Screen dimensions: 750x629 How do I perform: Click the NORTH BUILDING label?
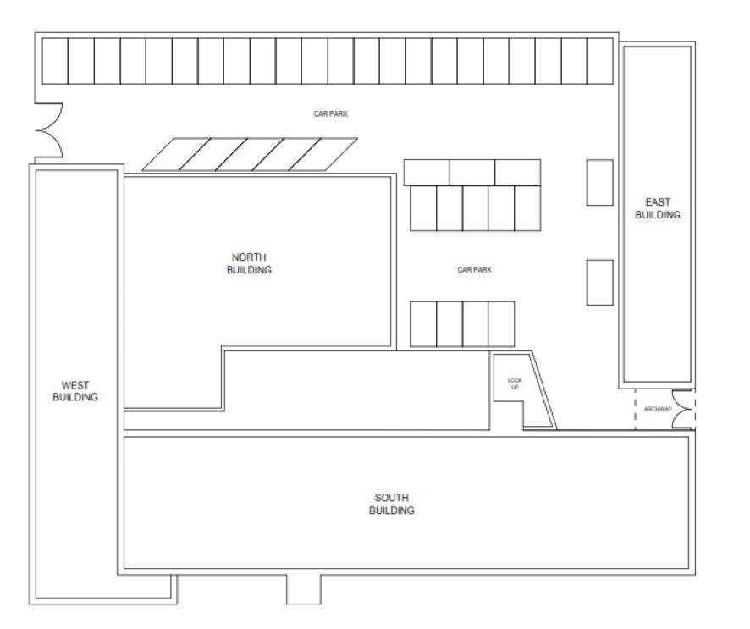coord(249,263)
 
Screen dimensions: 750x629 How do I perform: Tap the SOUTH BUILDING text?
coord(392,505)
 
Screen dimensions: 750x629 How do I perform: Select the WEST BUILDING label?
coord(75,391)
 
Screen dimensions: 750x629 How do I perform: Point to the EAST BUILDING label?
coord(658,208)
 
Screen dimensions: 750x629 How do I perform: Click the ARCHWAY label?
coord(658,409)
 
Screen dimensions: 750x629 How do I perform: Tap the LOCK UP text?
coord(515,383)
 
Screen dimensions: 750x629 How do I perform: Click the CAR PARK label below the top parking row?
coord(330,113)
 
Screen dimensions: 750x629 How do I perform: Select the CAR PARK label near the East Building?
coord(475,270)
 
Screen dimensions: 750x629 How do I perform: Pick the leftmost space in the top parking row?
coord(55,61)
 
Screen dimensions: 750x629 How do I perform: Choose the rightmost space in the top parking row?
coord(600,61)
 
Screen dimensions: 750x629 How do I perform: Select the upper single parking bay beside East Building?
coord(600,183)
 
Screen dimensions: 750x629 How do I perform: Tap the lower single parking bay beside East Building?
coord(600,282)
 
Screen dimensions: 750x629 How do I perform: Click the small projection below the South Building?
coord(304,589)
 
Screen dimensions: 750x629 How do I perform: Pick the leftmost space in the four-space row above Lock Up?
coord(423,324)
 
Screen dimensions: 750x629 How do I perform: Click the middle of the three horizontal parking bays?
coord(472,173)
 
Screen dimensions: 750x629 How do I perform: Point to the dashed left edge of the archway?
coord(635,409)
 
